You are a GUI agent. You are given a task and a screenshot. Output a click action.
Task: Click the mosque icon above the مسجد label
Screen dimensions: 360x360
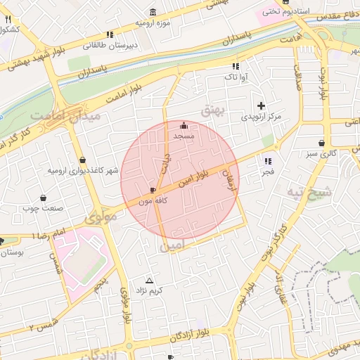coord(184,125)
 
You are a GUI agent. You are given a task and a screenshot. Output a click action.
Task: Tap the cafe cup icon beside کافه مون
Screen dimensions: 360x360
coord(153,191)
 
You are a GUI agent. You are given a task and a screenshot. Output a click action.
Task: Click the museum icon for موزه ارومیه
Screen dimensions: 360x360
coord(153,11)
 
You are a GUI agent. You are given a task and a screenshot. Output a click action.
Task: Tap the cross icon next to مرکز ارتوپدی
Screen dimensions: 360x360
coord(261,105)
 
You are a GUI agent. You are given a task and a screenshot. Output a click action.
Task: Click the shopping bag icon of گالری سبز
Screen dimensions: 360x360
coord(321,143)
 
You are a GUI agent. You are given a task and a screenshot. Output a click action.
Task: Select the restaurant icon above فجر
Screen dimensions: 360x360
coord(267,161)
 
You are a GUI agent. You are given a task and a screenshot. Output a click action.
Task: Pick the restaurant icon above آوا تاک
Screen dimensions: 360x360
coord(236,66)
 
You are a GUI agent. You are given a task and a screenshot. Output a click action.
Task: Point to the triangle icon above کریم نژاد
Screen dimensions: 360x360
coord(148,280)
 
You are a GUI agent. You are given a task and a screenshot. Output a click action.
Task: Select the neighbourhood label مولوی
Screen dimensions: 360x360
coord(100,219)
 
